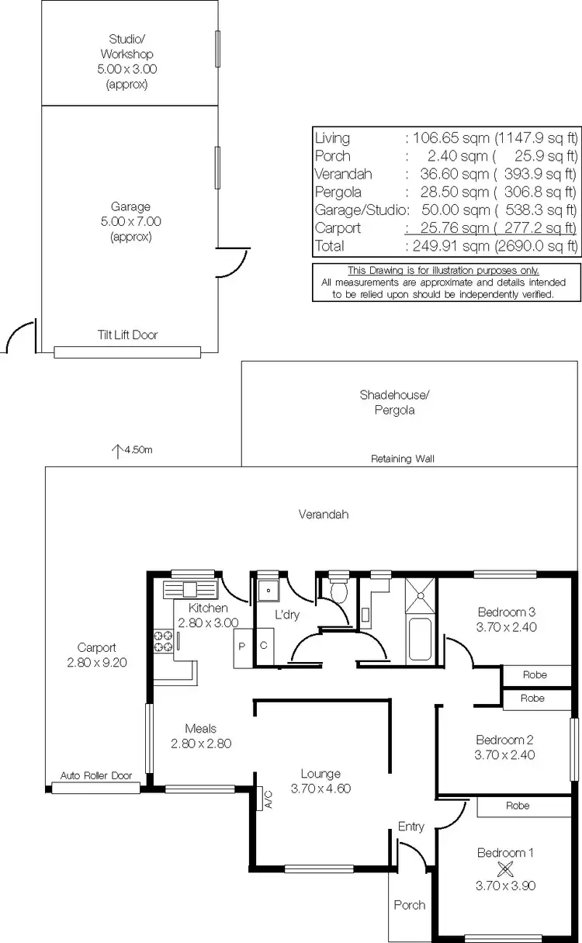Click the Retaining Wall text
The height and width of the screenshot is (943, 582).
point(402,459)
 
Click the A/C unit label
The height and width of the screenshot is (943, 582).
point(268,799)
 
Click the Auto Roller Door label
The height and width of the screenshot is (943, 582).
point(96,776)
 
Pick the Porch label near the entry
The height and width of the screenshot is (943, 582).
point(409,905)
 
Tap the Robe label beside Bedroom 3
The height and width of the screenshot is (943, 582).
point(534,674)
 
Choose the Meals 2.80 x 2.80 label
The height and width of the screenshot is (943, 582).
point(200,736)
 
